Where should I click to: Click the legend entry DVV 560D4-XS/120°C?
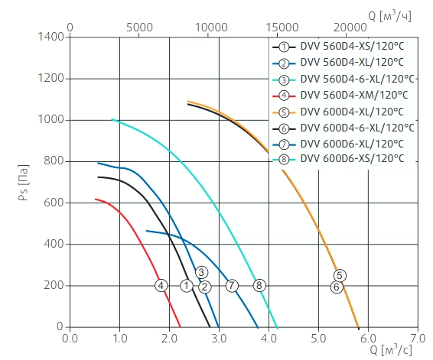coord(352,47)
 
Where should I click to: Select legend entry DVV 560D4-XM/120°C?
coord(354,96)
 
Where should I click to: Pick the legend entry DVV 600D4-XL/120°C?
coord(352,112)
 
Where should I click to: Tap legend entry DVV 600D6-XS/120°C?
coord(353,159)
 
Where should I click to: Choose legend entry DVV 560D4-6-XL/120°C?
coord(357,79)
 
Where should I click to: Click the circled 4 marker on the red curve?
coord(161,286)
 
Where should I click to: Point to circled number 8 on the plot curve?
coord(259,285)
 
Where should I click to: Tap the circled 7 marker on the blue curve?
coord(232,286)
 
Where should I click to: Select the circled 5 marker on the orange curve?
coord(340,275)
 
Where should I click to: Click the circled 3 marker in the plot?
coord(202,273)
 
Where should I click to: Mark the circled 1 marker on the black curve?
coord(187,286)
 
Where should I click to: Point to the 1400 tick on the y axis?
coord(51,37)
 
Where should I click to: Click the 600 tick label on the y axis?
coord(54,203)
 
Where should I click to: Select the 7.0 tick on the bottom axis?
coord(418,339)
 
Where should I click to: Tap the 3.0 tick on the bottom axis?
coord(219,339)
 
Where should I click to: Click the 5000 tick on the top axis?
coord(139,28)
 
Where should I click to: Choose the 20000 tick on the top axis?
coord(350,28)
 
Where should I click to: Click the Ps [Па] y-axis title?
coord(24,183)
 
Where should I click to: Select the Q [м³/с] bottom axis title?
coord(391,350)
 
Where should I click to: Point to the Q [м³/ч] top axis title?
coord(389,16)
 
